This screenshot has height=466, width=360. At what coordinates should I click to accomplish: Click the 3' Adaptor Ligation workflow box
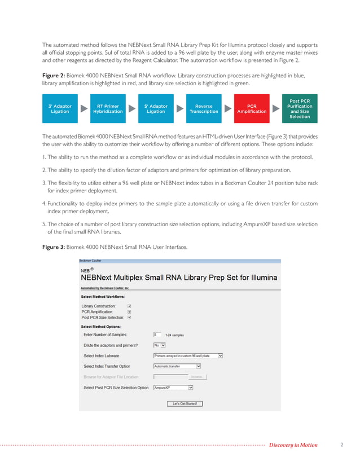pyautogui.click(x=60, y=109)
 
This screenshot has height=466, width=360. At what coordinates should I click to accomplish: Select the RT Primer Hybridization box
pyautogui.click(x=108, y=109)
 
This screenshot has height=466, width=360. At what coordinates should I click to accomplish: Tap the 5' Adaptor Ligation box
pyautogui.click(x=156, y=109)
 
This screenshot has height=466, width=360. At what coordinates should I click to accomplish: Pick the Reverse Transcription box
pyautogui.click(x=204, y=109)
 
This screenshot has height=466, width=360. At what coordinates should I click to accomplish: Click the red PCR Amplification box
pyautogui.click(x=252, y=109)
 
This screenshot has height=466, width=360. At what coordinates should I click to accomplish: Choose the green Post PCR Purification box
pyautogui.click(x=300, y=109)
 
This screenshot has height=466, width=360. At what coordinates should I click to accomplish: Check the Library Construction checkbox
pyautogui.click(x=129, y=306)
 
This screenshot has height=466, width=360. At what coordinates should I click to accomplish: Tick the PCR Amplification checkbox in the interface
pyautogui.click(x=129, y=311)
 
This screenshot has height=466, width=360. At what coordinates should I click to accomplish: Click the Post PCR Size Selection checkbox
pyautogui.click(x=129, y=317)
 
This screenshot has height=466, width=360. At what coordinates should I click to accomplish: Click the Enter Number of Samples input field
pyautogui.click(x=157, y=335)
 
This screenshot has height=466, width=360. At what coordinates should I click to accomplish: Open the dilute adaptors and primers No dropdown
pyautogui.click(x=160, y=345)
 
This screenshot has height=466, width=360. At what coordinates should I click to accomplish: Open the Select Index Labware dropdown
pyautogui.click(x=188, y=356)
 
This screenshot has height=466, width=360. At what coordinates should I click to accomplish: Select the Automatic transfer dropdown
pyautogui.click(x=177, y=366)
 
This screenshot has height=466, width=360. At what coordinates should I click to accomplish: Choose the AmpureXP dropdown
pyautogui.click(x=173, y=388)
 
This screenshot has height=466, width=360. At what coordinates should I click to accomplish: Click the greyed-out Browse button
pyautogui.click(x=196, y=376)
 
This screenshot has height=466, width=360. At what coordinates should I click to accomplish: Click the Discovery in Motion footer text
pyautogui.click(x=293, y=445)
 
